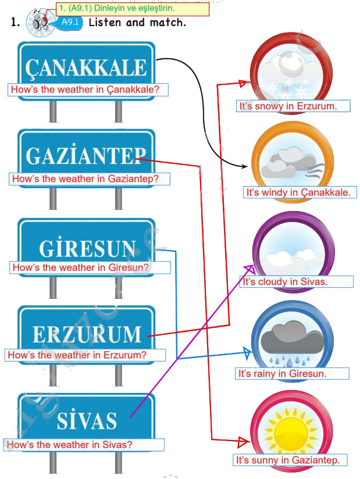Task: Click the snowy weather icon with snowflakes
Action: pyautogui.click(x=293, y=73)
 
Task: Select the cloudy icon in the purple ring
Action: pyautogui.click(x=293, y=252)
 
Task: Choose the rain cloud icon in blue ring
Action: pyautogui.click(x=293, y=340)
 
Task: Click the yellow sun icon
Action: pyautogui.click(x=292, y=429)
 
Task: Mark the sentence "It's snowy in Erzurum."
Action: pyautogui.click(x=288, y=106)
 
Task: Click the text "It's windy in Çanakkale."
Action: pyautogui.click(x=298, y=192)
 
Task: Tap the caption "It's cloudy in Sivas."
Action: pyautogui.click(x=285, y=281)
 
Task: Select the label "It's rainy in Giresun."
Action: pyautogui.click(x=283, y=373)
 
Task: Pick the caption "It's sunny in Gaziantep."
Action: pyautogui.click(x=288, y=460)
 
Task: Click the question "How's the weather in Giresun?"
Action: pyautogui.click(x=80, y=267)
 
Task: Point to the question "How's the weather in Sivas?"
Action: pyautogui.click(x=69, y=444)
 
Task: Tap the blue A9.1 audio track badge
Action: pyautogui.click(x=70, y=22)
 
